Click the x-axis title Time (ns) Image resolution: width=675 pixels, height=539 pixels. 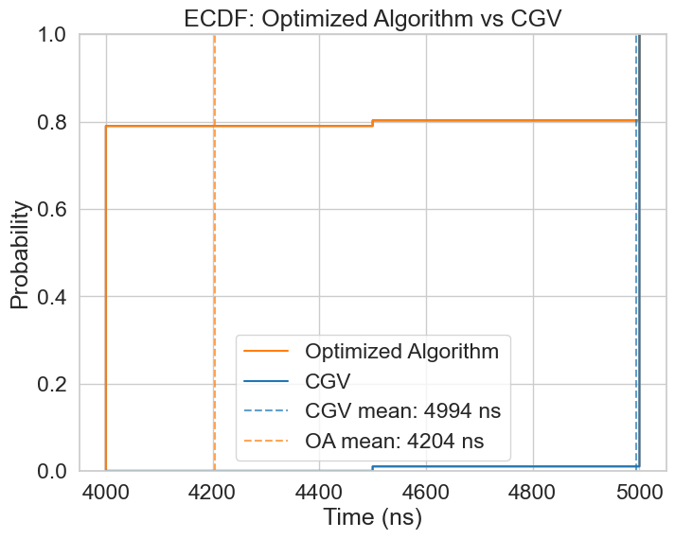[372, 516]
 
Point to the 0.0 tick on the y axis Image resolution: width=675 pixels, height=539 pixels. [53, 471]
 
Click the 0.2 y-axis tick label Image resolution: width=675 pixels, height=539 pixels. [53, 384]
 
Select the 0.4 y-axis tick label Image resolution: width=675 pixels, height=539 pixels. [53, 297]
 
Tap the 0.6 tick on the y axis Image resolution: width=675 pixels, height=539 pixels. [53, 209]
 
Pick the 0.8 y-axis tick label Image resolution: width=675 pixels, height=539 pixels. [53, 122]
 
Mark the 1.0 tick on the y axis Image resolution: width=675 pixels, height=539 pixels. [53, 35]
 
